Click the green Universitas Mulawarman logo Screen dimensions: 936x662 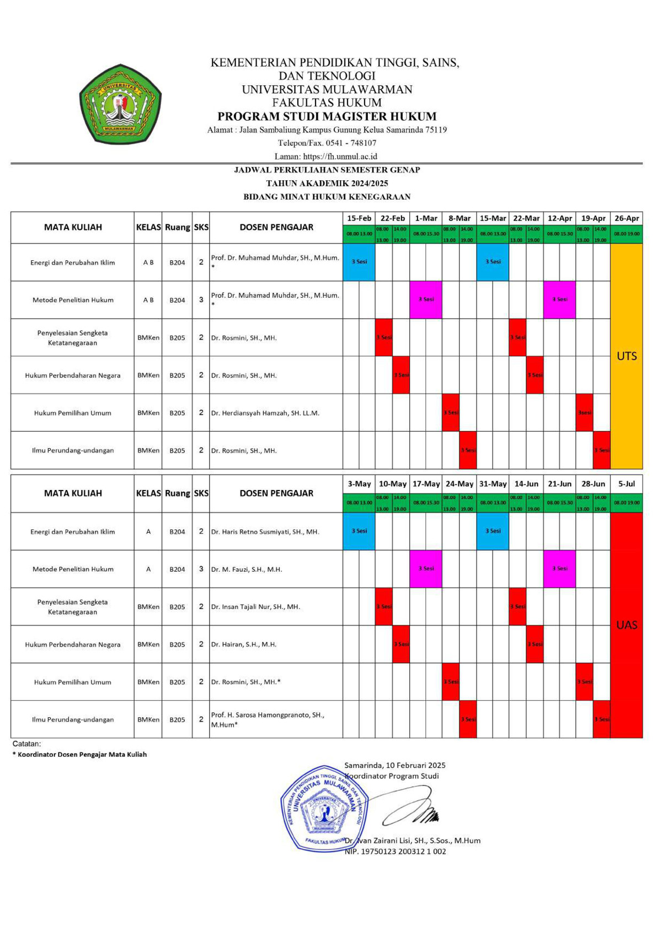(120, 104)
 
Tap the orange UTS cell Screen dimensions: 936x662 (626, 356)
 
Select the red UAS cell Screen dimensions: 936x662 (626, 625)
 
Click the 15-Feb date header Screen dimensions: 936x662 (359, 218)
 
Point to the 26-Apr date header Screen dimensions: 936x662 (626, 218)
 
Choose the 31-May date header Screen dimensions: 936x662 (493, 484)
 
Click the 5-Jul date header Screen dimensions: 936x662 (626, 484)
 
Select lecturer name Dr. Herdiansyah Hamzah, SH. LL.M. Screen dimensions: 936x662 (265, 413)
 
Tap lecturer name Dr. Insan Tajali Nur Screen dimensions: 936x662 (255, 607)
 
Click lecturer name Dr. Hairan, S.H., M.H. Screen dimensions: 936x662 (243, 644)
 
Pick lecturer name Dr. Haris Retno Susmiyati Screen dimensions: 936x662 (265, 532)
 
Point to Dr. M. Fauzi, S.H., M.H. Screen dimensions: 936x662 (246, 569)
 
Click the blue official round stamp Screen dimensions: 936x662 (324, 809)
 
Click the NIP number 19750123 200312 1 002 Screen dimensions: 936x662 (395, 852)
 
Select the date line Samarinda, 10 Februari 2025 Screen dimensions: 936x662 (394, 765)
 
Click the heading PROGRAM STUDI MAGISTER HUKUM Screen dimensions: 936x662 (327, 116)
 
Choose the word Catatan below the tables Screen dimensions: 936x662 (26, 744)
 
